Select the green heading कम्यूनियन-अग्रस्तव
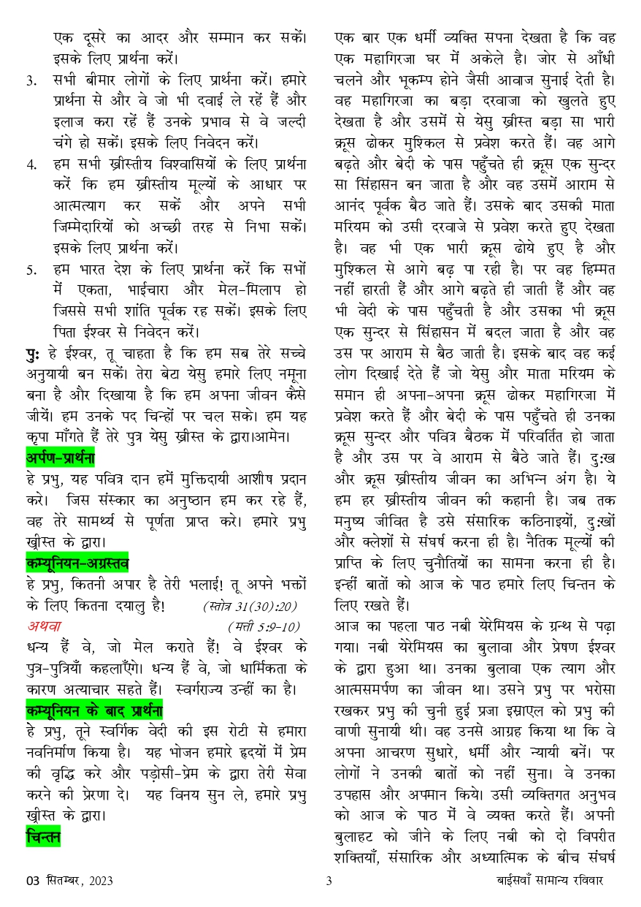point(77,562)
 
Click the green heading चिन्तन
point(43,835)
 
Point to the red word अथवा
point(45,626)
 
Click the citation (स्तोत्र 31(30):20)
point(250,605)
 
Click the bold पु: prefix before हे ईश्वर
point(31,353)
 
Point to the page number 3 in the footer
point(329,881)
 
